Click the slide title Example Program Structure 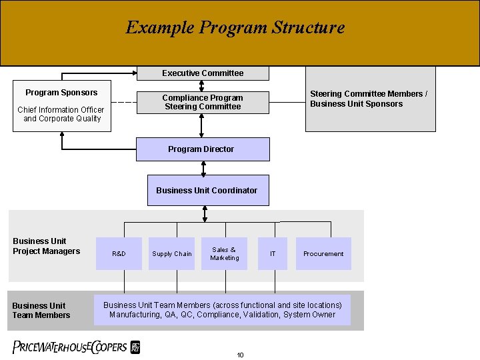235,27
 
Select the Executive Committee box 203,73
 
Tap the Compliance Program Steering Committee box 203,102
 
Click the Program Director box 203,149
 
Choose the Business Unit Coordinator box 206,190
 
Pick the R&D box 119,253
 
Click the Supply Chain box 171,253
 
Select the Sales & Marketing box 224,253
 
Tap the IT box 273,253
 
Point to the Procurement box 323,253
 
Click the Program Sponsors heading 61,93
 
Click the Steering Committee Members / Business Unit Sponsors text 368,99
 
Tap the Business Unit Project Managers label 46,246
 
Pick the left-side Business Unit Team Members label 41,310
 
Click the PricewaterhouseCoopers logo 76,347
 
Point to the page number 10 240,355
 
